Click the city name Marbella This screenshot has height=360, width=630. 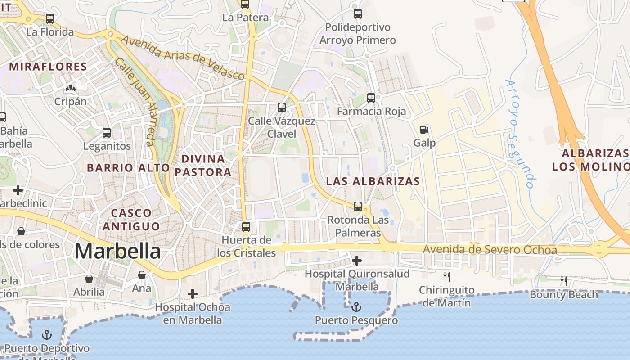coord(117,251)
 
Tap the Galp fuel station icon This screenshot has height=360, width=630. coord(424,130)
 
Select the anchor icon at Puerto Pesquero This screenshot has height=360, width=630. coord(356,307)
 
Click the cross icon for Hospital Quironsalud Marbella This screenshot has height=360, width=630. coord(357,261)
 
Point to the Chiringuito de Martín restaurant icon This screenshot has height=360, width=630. coord(446,277)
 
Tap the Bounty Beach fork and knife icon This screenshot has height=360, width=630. coord(563,282)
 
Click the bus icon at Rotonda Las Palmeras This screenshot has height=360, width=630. coord(358,207)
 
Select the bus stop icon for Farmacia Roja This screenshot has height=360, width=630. coord(371,98)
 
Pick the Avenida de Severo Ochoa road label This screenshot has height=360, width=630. coord(490,250)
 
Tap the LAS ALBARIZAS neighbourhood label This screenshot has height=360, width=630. coord(373,182)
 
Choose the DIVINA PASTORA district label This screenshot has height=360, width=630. coord(203,165)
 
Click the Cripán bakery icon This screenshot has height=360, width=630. coord(71,88)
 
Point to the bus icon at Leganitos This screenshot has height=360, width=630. coord(107,133)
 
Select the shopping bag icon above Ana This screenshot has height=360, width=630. coord(142,274)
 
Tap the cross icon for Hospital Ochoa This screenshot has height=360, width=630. coord(193,294)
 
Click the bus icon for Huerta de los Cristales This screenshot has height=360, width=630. coord(246,226)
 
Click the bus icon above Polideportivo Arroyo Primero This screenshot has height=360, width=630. coord(358,14)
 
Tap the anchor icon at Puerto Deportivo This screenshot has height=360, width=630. coord(47,335)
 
